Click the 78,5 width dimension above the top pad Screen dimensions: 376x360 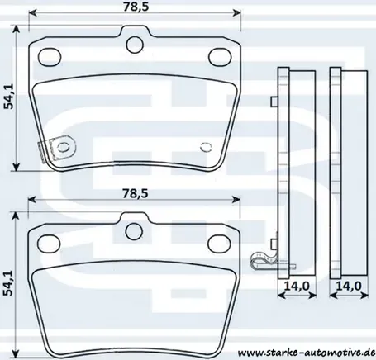(136, 7)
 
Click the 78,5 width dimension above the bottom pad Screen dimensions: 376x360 (135, 193)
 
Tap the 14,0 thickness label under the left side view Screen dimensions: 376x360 (297, 286)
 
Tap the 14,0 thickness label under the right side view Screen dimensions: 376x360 (349, 286)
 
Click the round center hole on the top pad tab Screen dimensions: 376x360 (135, 44)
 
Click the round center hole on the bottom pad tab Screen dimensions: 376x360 (134, 231)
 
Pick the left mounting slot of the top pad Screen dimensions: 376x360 (50, 57)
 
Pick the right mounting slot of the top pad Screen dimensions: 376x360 (220, 57)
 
